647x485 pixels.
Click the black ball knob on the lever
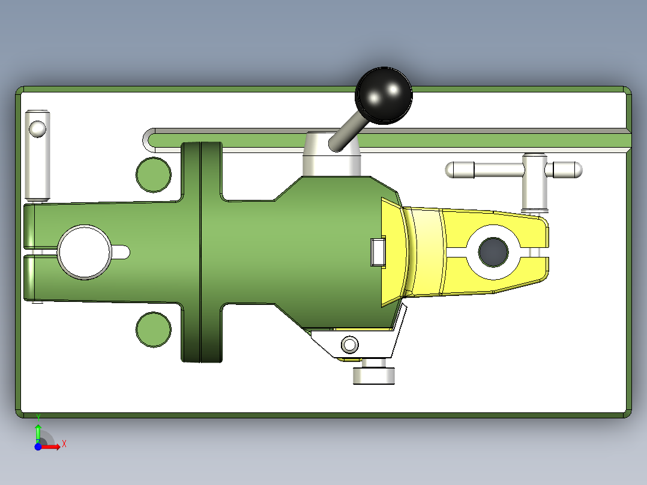click(x=384, y=96)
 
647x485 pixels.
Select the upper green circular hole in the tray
click(x=153, y=175)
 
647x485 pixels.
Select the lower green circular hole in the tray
click(x=153, y=329)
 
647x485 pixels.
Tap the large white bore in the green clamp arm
click(x=84, y=252)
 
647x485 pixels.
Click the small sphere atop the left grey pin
click(x=37, y=128)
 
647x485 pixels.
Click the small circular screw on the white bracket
click(x=349, y=345)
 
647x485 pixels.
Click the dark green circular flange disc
click(x=202, y=252)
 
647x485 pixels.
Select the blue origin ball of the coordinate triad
click(x=38, y=447)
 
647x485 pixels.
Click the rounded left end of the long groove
click(x=148, y=140)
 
